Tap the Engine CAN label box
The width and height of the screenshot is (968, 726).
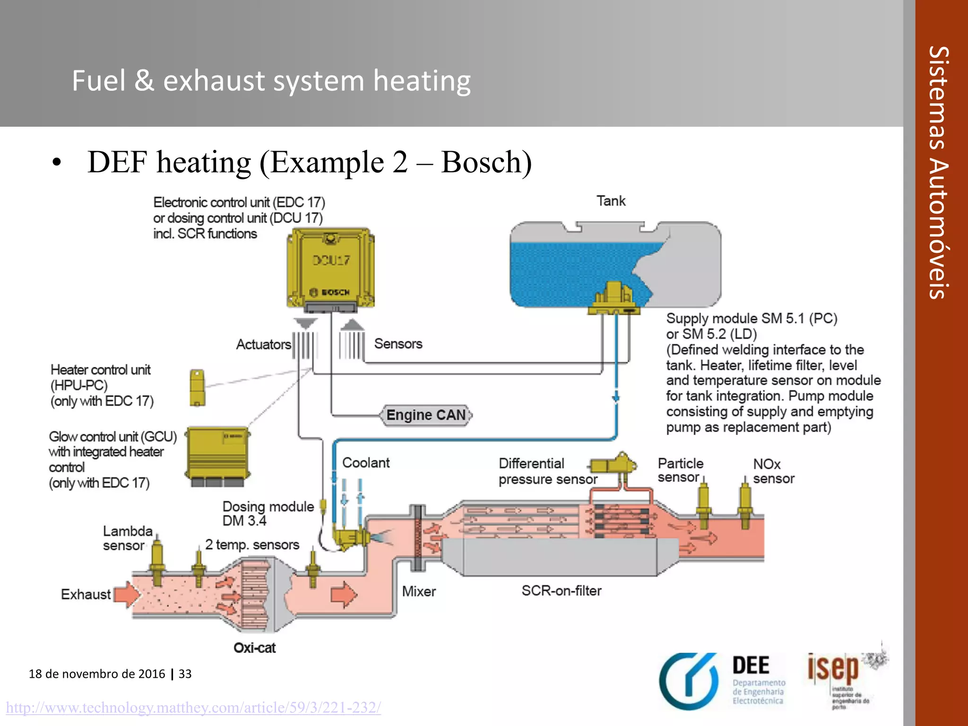point(426,415)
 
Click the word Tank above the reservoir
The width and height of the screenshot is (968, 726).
point(611,201)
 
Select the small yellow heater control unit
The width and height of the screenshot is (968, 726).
point(197,388)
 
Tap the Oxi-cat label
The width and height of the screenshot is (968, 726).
point(254,648)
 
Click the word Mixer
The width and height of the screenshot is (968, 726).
point(419,591)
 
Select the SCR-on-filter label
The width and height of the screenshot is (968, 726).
point(562,591)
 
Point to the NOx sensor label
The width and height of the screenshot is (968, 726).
point(773,471)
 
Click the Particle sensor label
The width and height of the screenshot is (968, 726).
point(680,470)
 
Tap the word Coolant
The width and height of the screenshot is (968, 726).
point(366,463)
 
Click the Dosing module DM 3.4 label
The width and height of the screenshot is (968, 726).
point(268,513)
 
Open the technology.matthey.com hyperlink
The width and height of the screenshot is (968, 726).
point(193,708)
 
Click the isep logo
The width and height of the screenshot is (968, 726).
point(833,668)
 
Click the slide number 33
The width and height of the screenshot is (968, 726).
point(185,674)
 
